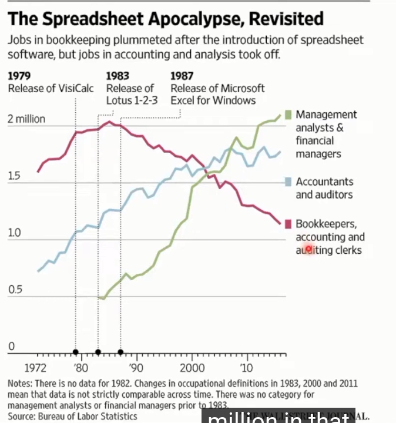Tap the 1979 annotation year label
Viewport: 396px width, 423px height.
pos(19,76)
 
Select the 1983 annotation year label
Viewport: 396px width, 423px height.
pos(118,76)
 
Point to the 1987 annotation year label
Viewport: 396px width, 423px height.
pos(182,76)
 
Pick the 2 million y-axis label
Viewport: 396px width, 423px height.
pos(26,119)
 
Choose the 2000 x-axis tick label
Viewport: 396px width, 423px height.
pos(190,368)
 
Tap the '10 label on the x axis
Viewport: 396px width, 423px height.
pos(246,368)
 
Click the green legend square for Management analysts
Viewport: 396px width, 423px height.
pos(287,115)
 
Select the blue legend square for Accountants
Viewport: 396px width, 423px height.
pos(287,182)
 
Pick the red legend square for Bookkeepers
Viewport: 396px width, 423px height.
pos(287,224)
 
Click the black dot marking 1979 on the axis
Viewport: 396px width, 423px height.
pos(76,352)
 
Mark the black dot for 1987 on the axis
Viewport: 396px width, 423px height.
pos(120,352)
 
